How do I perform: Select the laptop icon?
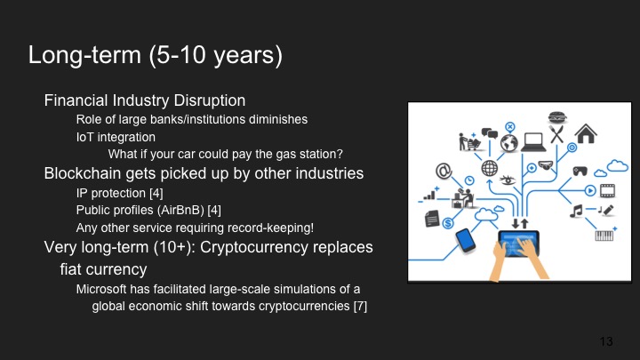tap(534, 140)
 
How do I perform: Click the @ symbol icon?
tap(444, 171)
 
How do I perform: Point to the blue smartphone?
tap(466, 240)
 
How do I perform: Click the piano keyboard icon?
tap(604, 236)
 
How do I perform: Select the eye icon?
tap(508, 180)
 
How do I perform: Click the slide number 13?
tap(607, 341)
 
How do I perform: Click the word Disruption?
tap(215, 100)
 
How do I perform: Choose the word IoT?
tap(86, 137)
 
